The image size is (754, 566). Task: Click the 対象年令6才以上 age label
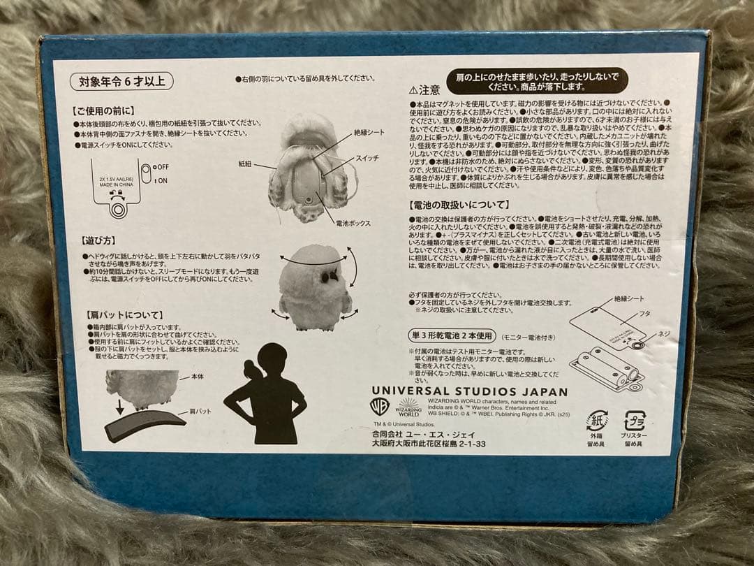(121, 81)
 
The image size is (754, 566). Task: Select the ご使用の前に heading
(103, 110)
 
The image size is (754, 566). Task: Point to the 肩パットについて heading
(116, 315)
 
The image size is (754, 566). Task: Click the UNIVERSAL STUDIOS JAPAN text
(469, 392)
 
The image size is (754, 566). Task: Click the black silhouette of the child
(266, 394)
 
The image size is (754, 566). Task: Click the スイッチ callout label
(367, 159)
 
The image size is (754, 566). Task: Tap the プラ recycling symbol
(635, 421)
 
